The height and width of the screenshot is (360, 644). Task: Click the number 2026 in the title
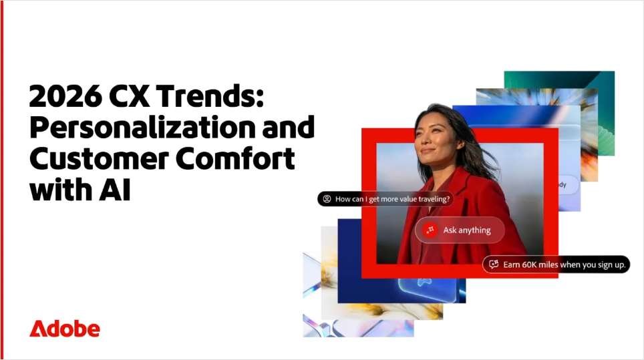tap(65, 96)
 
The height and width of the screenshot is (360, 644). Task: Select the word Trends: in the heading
tap(210, 96)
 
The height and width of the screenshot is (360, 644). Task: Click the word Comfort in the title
tap(236, 158)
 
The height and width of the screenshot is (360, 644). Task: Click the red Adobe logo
tap(65, 329)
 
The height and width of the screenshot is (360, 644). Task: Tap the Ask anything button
tap(460, 230)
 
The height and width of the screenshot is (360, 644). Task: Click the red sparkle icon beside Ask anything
tap(430, 230)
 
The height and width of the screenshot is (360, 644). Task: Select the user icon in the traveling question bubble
tap(327, 199)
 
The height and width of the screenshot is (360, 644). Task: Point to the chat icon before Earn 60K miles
tap(494, 264)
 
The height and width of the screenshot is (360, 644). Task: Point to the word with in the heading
tap(60, 190)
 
